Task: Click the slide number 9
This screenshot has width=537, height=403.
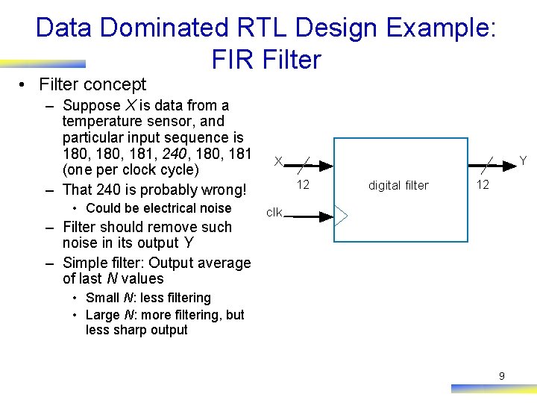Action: point(501,376)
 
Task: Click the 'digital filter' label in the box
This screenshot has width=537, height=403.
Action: point(398,185)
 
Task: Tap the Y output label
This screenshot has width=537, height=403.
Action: point(523,161)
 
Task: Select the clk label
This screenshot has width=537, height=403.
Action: point(274,213)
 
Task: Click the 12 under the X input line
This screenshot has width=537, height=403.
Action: point(303,184)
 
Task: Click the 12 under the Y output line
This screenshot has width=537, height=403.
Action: point(483,184)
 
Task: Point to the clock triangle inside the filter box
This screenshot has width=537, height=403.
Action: point(340,216)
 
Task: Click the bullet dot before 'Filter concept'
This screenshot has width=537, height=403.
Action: point(25,85)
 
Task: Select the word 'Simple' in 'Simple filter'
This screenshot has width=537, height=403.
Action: point(85,263)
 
